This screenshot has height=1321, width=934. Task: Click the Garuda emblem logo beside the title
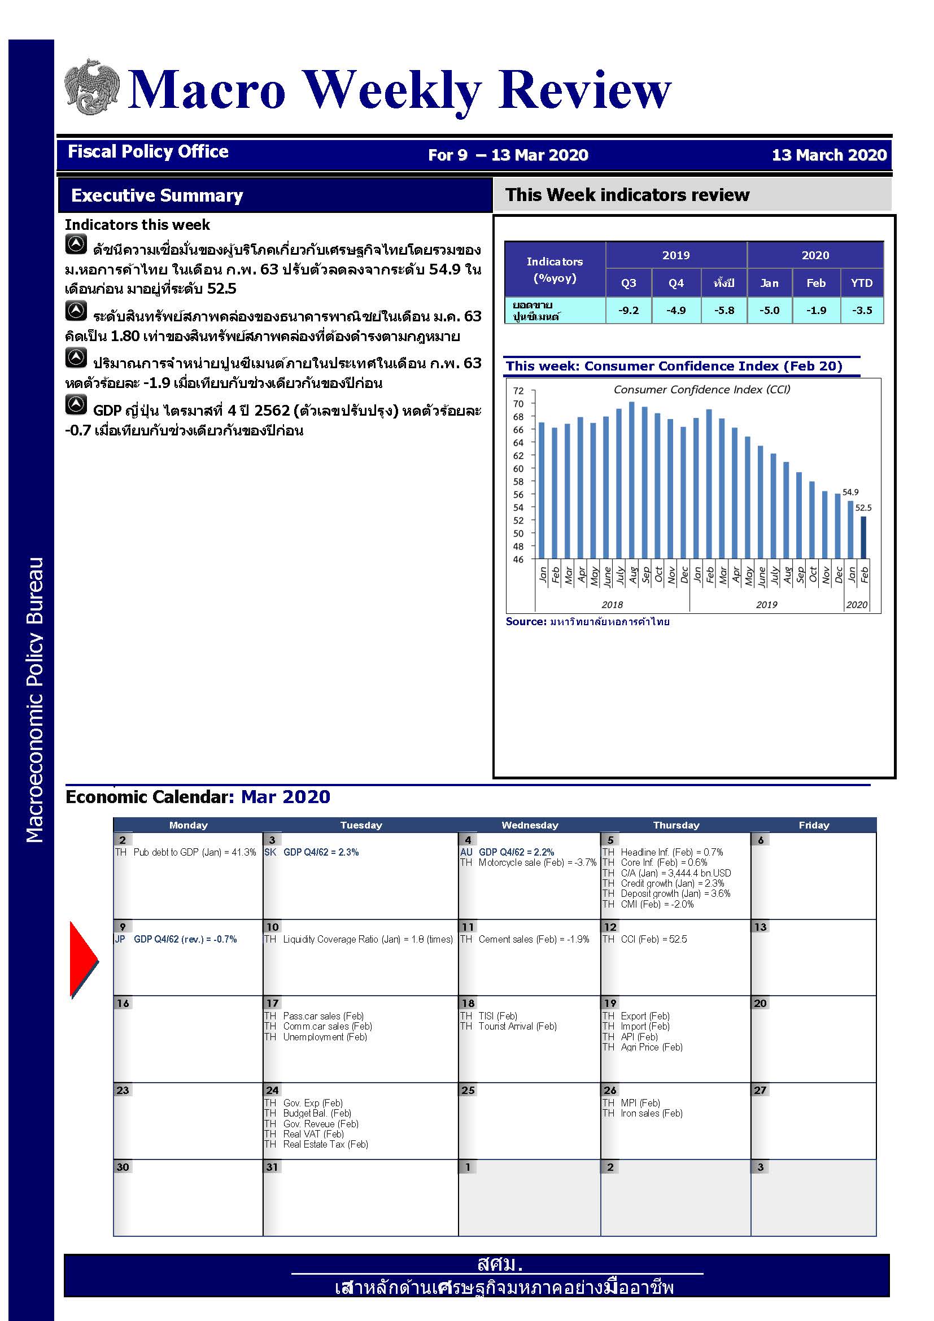point(92,87)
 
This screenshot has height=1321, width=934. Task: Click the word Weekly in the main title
point(391,89)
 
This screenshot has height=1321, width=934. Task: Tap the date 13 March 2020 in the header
point(829,155)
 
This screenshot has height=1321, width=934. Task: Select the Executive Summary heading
point(157,195)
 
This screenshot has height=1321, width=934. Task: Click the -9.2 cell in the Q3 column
point(628,310)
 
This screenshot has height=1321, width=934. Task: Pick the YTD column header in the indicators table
point(861,282)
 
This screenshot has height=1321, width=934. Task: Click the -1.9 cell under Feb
point(815,310)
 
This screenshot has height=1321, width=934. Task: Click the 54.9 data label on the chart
point(850,492)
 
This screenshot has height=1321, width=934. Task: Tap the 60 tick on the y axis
point(518,468)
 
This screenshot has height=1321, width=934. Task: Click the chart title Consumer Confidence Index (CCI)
point(702,390)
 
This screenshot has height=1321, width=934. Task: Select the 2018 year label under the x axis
point(612,604)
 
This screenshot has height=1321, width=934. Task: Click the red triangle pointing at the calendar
point(83,960)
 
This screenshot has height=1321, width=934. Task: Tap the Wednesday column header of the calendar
point(530,825)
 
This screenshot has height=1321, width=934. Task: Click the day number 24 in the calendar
point(272,1089)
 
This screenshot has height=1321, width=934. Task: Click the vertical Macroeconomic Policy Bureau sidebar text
point(34,699)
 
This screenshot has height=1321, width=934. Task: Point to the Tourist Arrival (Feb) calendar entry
point(517,1026)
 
